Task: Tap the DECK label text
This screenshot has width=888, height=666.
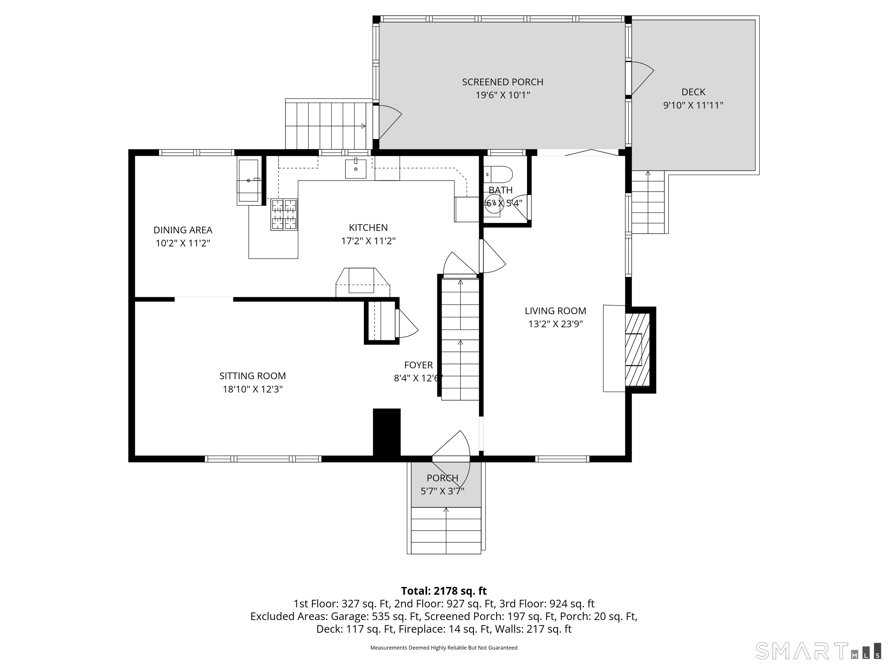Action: pyautogui.click(x=693, y=92)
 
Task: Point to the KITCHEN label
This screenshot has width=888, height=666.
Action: pyautogui.click(x=368, y=227)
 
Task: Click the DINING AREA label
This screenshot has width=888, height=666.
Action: pyautogui.click(x=183, y=230)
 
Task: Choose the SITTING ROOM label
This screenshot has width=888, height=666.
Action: pyautogui.click(x=253, y=376)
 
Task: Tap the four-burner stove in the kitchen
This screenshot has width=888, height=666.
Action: pyautogui.click(x=284, y=214)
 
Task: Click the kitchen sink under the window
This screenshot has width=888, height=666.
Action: pyautogui.click(x=356, y=169)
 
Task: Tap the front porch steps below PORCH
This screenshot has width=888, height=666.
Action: pyautogui.click(x=446, y=530)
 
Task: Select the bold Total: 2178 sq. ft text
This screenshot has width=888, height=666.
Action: pyautogui.click(x=444, y=591)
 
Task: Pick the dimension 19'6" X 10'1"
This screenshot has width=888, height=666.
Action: pyautogui.click(x=503, y=95)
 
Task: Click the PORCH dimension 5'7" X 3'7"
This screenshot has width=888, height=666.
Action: pyautogui.click(x=442, y=491)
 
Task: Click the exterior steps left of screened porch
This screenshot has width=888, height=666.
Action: pyautogui.click(x=328, y=125)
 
